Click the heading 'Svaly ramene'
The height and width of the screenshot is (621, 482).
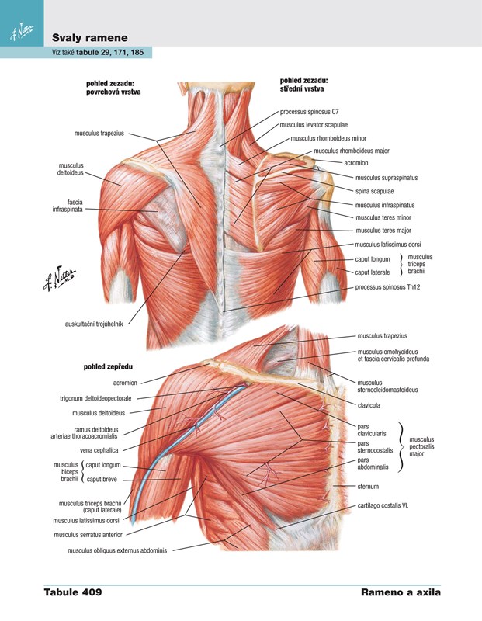89,38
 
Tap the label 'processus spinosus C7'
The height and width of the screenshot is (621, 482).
310,112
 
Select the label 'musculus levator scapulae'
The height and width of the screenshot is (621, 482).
314,125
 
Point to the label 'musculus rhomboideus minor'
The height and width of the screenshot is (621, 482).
328,139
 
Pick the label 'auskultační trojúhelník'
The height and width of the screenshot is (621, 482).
94,324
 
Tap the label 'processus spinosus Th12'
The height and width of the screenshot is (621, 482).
387,287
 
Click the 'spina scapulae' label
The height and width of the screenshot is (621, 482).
374,191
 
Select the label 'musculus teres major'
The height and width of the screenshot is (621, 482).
383,231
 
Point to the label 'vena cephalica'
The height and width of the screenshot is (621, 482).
99,450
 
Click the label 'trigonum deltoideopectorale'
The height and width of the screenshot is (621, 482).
95,398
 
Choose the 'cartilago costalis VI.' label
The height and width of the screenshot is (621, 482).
383,506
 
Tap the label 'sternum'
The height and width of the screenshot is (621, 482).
368,487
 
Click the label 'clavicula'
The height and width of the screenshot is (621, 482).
369,405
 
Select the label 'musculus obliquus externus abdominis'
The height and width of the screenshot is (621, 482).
117,550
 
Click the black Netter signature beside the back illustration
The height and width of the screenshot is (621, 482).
60,278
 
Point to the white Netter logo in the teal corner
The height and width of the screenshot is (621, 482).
22,31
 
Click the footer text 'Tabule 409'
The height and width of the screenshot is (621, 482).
73,592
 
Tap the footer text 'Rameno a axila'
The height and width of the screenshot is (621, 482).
401,592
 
